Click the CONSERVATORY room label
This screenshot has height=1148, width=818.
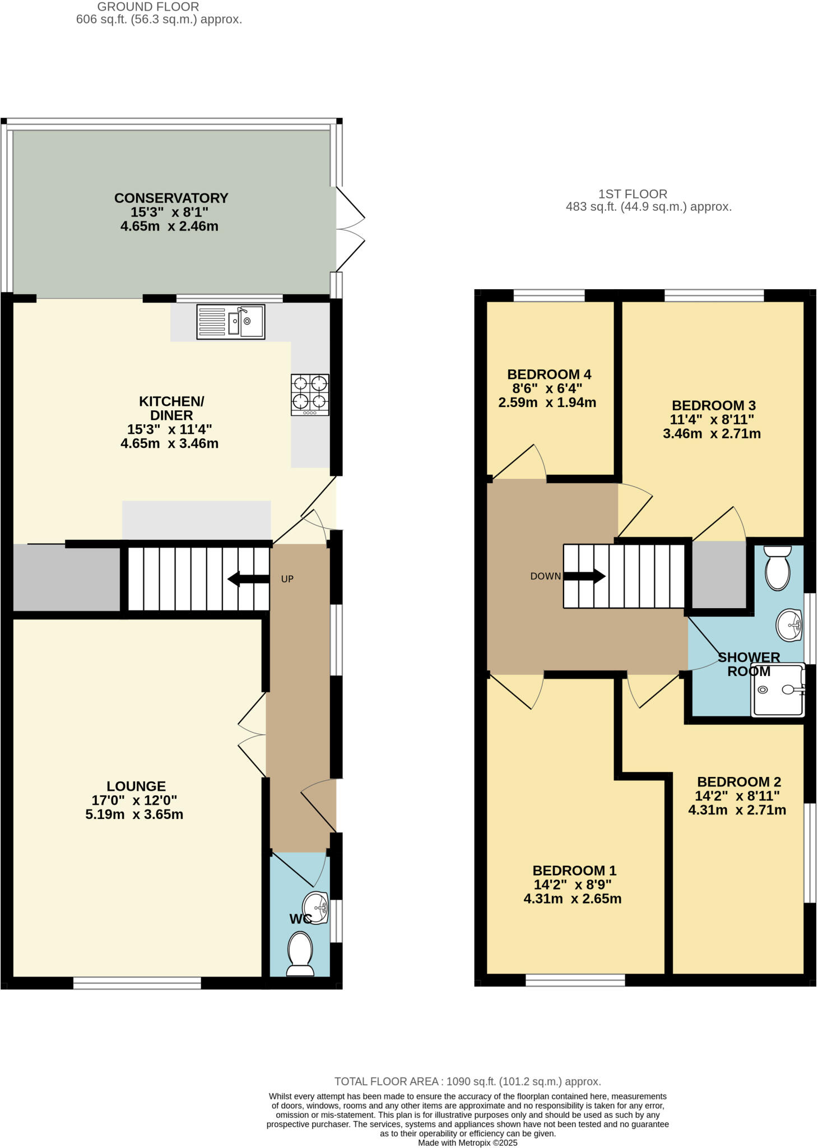pyautogui.click(x=171, y=198)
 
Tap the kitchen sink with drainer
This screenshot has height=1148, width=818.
pyautogui.click(x=230, y=322)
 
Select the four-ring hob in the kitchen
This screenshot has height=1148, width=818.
pyautogui.click(x=310, y=394)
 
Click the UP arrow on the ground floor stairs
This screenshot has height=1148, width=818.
pyautogui.click(x=249, y=579)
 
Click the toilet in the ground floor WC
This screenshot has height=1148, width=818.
pyautogui.click(x=300, y=953)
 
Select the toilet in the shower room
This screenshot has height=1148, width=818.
pyautogui.click(x=778, y=567)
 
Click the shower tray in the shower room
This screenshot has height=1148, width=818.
pyautogui.click(x=778, y=691)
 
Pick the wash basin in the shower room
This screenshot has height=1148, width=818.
pyautogui.click(x=789, y=624)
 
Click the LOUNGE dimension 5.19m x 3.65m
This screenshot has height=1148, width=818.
pyautogui.click(x=134, y=814)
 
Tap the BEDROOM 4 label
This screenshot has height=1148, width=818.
pyautogui.click(x=549, y=374)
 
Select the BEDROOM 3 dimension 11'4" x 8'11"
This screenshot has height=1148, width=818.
pyautogui.click(x=712, y=419)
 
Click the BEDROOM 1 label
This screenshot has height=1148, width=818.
pyautogui.click(x=574, y=871)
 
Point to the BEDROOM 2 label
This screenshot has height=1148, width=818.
pyautogui.click(x=738, y=782)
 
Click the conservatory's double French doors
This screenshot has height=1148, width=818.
pyautogui.click(x=350, y=229)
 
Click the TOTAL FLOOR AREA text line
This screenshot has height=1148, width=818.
pyautogui.click(x=467, y=1082)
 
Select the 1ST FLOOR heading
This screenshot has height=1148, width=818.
pyautogui.click(x=633, y=194)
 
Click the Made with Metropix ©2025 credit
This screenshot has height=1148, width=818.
pyautogui.click(x=467, y=1142)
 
